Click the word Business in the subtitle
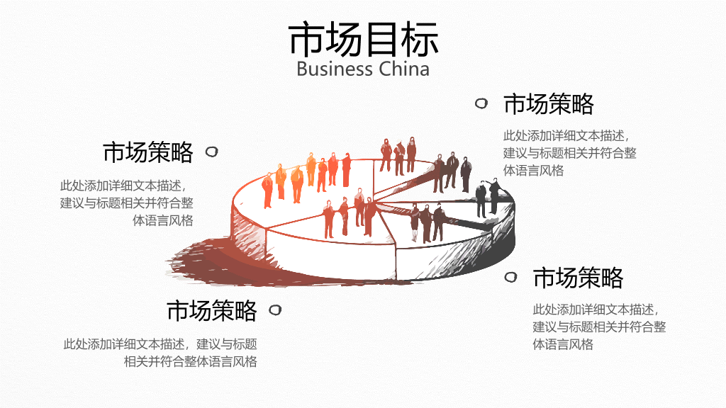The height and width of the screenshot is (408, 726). point(335,69)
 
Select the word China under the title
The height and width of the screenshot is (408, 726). point(404,69)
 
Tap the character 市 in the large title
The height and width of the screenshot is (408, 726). point(306,39)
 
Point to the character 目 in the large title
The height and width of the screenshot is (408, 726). point(381,39)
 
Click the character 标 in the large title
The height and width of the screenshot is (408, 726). point(420,39)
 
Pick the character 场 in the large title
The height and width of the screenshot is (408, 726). point(344,39)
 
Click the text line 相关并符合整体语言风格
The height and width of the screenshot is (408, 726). point(190,361)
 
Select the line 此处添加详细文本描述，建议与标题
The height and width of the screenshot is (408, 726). point(160,344)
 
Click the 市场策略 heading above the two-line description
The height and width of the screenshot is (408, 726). point(212,310)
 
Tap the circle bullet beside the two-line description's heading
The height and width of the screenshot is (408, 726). point(275,310)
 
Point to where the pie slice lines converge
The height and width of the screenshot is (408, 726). point(376,202)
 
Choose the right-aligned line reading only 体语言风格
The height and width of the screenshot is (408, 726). point(163,220)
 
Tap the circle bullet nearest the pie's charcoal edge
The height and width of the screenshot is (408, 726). point(510,277)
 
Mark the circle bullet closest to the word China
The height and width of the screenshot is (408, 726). point(481,103)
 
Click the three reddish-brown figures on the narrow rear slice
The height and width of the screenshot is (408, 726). point(398,155)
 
